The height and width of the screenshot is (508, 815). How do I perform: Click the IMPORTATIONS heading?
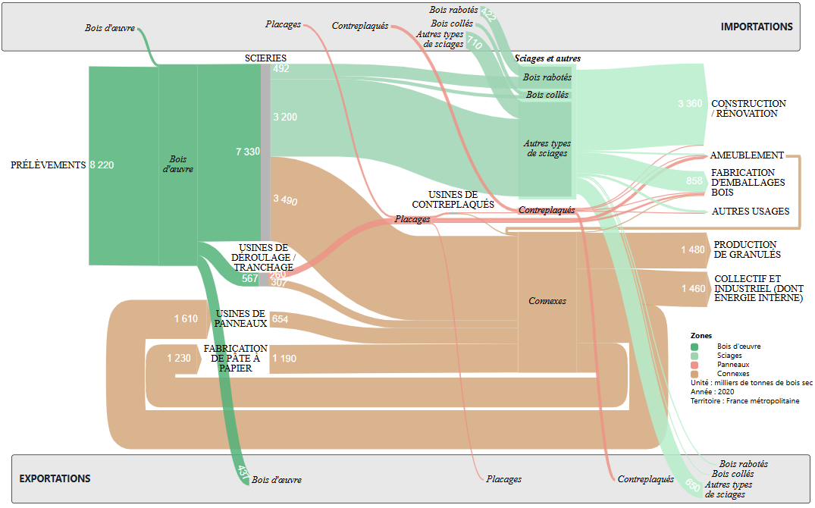pos(756,27)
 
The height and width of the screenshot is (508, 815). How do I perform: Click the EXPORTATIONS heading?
pos(55,478)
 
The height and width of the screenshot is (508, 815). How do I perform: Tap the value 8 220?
pos(102,165)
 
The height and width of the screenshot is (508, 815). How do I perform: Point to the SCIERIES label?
pos(265,58)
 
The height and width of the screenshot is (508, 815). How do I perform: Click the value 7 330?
pos(248,152)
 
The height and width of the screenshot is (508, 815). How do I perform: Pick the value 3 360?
pos(690,104)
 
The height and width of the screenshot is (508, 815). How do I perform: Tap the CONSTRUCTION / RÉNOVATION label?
pos(748,108)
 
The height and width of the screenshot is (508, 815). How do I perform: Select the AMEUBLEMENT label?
pos(747,155)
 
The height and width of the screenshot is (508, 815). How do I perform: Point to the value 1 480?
pos(692,250)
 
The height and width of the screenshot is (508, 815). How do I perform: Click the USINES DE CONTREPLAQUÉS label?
pos(453,199)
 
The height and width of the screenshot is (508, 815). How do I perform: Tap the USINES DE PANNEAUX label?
pos(240,318)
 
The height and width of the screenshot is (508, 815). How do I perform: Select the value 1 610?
pos(185,319)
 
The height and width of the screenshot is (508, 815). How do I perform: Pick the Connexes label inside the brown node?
pos(547,301)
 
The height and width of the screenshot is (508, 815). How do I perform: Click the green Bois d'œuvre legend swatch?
pos(694,347)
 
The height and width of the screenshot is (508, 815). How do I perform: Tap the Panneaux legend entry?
pos(733,365)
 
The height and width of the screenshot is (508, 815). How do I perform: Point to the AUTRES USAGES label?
pos(751,212)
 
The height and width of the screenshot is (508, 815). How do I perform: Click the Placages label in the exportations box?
pos(504,479)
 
